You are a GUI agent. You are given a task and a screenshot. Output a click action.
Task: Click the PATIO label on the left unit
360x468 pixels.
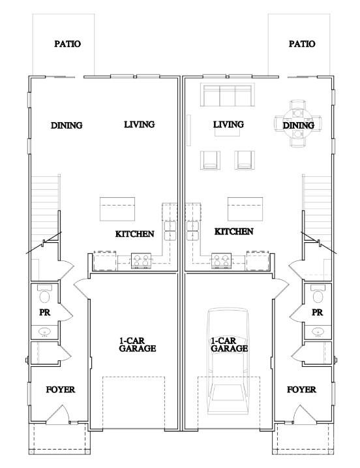[67, 44]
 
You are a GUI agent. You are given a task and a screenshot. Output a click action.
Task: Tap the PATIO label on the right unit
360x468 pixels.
[302, 44]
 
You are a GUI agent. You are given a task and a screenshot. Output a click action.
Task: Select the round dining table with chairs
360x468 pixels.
[298, 123]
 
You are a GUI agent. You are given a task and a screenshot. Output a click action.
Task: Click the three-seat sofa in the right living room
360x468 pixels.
[228, 95]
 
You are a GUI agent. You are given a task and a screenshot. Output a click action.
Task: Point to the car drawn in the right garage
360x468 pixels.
[228, 361]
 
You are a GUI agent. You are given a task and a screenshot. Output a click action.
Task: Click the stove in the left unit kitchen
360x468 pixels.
[141, 260]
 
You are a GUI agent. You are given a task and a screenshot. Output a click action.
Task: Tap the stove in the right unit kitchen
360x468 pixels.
[221, 260]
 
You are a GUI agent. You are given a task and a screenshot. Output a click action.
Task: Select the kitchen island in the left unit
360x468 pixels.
[117, 209]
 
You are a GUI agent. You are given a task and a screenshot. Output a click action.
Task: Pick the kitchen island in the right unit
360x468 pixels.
[245, 209]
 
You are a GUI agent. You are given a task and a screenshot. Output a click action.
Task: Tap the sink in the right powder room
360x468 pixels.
[318, 332]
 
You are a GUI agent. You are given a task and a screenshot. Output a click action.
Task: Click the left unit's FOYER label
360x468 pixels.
[61, 390]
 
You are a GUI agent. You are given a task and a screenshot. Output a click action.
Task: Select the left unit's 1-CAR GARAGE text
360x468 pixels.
[137, 345]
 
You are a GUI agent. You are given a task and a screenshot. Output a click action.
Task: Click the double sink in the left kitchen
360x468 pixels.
[170, 230]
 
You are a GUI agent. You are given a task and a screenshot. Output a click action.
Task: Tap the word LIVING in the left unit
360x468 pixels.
[140, 125]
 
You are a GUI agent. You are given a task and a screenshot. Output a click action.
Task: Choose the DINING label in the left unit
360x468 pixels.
[67, 125]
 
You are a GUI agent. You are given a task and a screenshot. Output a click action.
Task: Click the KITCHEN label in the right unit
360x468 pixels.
[234, 231]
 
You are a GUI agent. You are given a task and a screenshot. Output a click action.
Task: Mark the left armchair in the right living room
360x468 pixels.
[210, 160]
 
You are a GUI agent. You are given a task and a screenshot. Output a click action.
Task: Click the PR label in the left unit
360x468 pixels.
[45, 313]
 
